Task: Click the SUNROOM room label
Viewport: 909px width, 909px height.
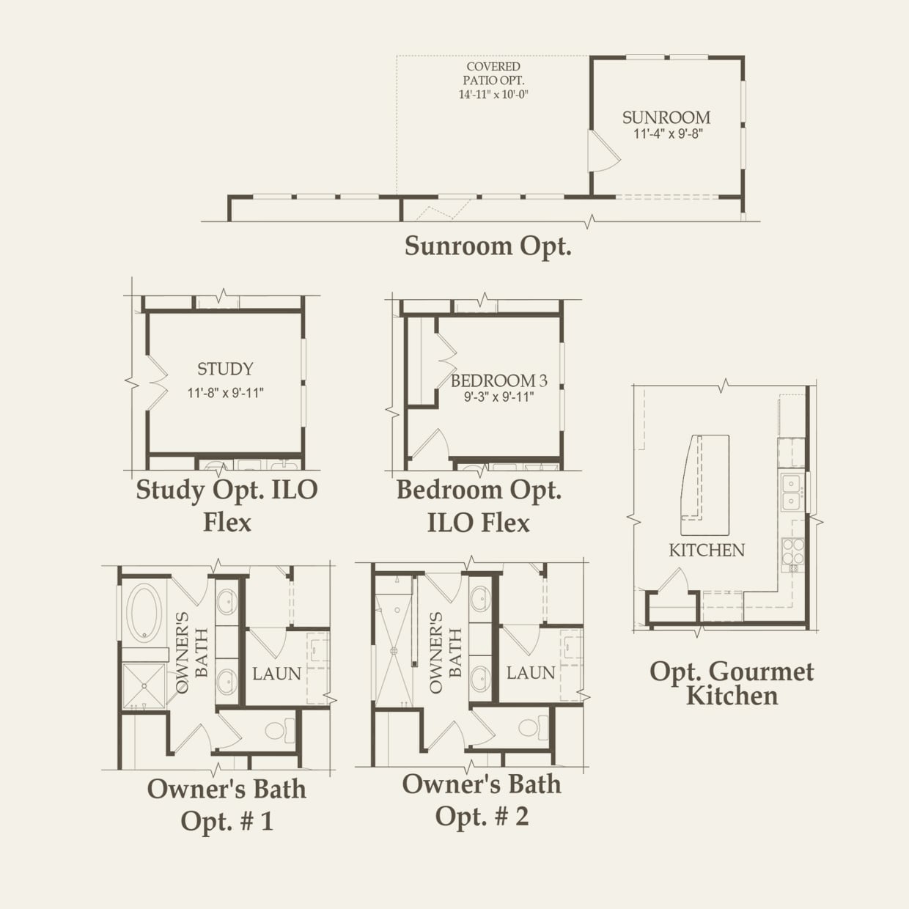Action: pos(666,117)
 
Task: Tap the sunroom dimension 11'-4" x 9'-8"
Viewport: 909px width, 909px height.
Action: pos(668,134)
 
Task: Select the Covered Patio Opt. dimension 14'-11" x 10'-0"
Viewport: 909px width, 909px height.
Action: pos(493,95)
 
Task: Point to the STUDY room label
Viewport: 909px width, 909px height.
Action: pos(226,369)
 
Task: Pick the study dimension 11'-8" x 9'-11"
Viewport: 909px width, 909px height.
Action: pos(226,393)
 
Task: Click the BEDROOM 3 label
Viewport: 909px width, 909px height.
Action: pos(499,380)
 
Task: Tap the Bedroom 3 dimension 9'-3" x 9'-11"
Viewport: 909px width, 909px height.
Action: pos(499,397)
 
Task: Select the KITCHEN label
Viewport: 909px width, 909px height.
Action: pos(707,550)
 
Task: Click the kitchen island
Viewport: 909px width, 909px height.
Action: pos(704,485)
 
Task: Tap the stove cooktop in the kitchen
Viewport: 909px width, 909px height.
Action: pos(792,551)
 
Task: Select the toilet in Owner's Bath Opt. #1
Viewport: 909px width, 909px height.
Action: pos(279,732)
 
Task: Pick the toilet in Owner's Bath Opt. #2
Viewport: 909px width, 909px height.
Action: pos(532,728)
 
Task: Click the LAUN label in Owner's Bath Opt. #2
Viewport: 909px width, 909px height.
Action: pos(531,673)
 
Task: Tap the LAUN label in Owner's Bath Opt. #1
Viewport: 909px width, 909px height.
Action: pos(276,674)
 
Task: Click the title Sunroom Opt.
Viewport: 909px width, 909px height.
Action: pos(488,246)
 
